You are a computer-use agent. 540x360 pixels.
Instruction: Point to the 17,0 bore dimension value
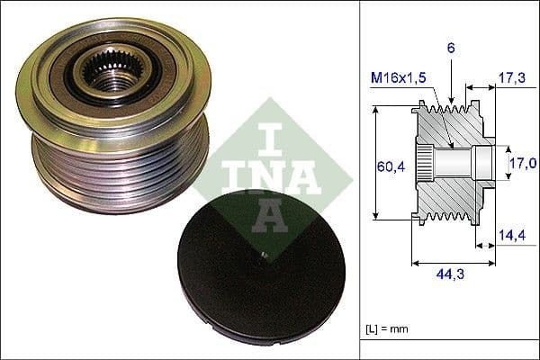point(523,163)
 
